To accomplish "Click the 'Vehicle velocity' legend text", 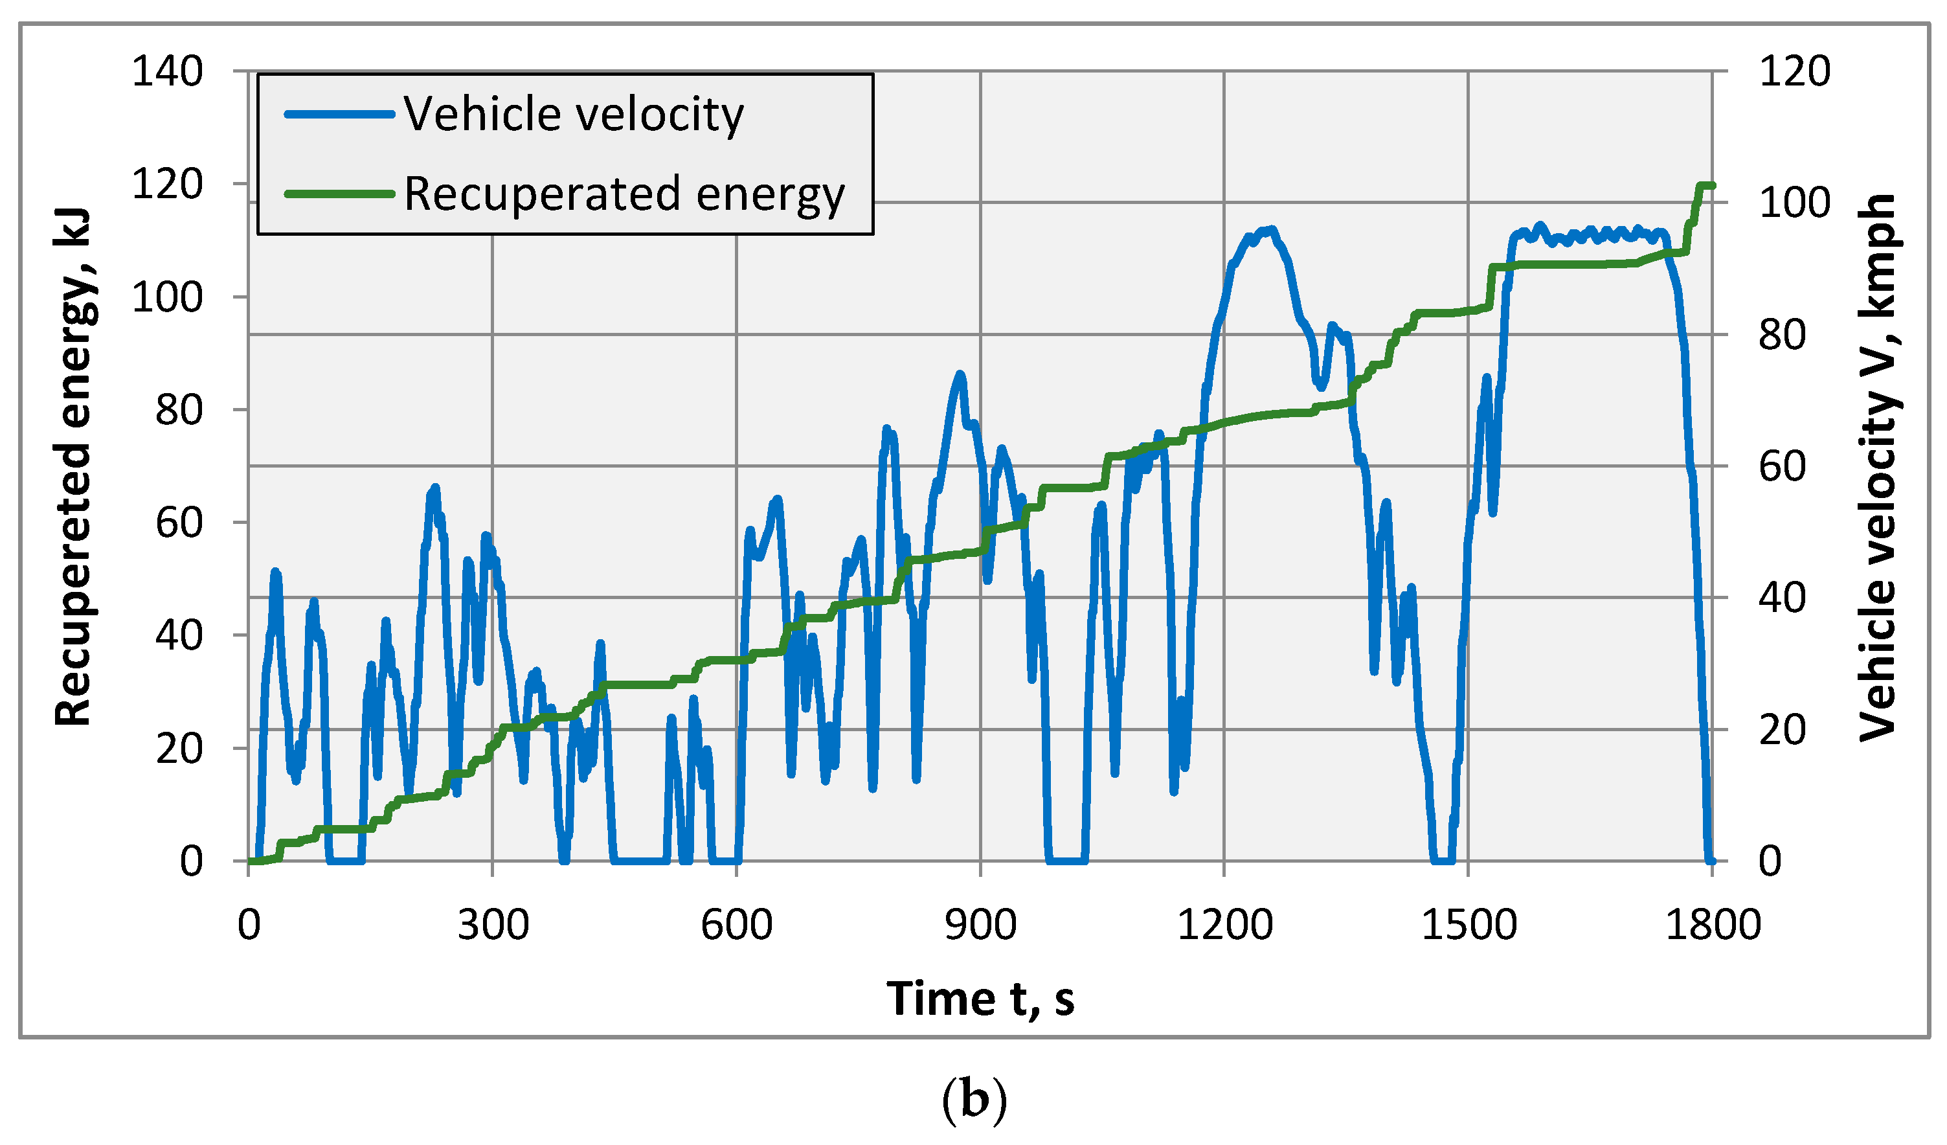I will [x=573, y=115].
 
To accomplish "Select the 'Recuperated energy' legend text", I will [x=624, y=194].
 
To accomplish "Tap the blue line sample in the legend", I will [x=340, y=115].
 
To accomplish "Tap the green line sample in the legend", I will [x=340, y=193].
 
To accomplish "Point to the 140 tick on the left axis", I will [x=168, y=72].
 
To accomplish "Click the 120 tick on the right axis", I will [x=1794, y=72].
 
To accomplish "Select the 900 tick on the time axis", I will [x=980, y=925].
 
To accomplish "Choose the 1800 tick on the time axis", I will [x=1713, y=925].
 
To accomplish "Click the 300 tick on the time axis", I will [x=493, y=925].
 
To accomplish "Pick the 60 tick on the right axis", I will [x=1783, y=467].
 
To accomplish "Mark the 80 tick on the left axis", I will [x=179, y=410].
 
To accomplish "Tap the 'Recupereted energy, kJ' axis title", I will [x=73, y=467].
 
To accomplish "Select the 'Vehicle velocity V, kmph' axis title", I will [x=1878, y=467].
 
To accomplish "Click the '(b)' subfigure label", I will [x=974, y=1100].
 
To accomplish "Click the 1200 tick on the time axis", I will [x=1224, y=925].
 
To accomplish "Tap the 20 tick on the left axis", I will [x=179, y=749].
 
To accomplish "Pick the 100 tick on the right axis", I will [x=1794, y=203].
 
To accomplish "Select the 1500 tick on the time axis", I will [x=1469, y=925].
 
